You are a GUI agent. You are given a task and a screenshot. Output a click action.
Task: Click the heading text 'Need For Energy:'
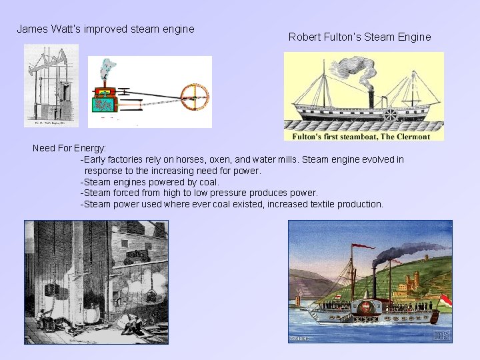tap(69, 147)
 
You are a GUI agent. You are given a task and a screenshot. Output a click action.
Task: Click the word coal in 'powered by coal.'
tap(207, 182)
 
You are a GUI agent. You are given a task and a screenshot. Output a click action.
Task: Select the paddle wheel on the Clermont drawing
tap(390, 114)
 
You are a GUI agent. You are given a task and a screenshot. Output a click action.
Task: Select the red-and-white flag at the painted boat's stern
tap(445, 300)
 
